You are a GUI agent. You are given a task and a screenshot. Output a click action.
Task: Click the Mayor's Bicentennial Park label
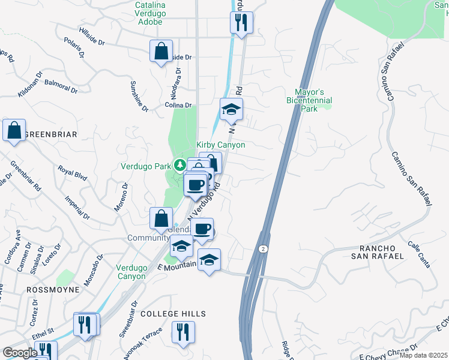coord(309,101)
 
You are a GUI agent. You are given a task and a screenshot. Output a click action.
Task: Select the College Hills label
coord(173,314)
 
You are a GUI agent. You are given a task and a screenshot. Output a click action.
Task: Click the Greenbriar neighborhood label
coord(50,134)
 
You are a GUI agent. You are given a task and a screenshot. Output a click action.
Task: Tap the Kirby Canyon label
coord(220,145)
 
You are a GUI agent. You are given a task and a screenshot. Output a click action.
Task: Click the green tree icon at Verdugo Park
coord(179,164)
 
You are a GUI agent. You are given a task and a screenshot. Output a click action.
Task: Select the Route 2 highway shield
coord(262,248)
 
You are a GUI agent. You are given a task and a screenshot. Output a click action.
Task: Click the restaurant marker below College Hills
coord(182,332)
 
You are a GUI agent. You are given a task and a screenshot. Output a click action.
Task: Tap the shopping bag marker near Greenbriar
coord(14,130)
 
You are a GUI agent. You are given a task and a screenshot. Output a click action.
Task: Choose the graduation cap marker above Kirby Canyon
coord(231,110)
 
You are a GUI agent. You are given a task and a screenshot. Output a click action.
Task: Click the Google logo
coord(20,353)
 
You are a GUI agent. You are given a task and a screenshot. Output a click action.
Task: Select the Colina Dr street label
coord(178,106)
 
